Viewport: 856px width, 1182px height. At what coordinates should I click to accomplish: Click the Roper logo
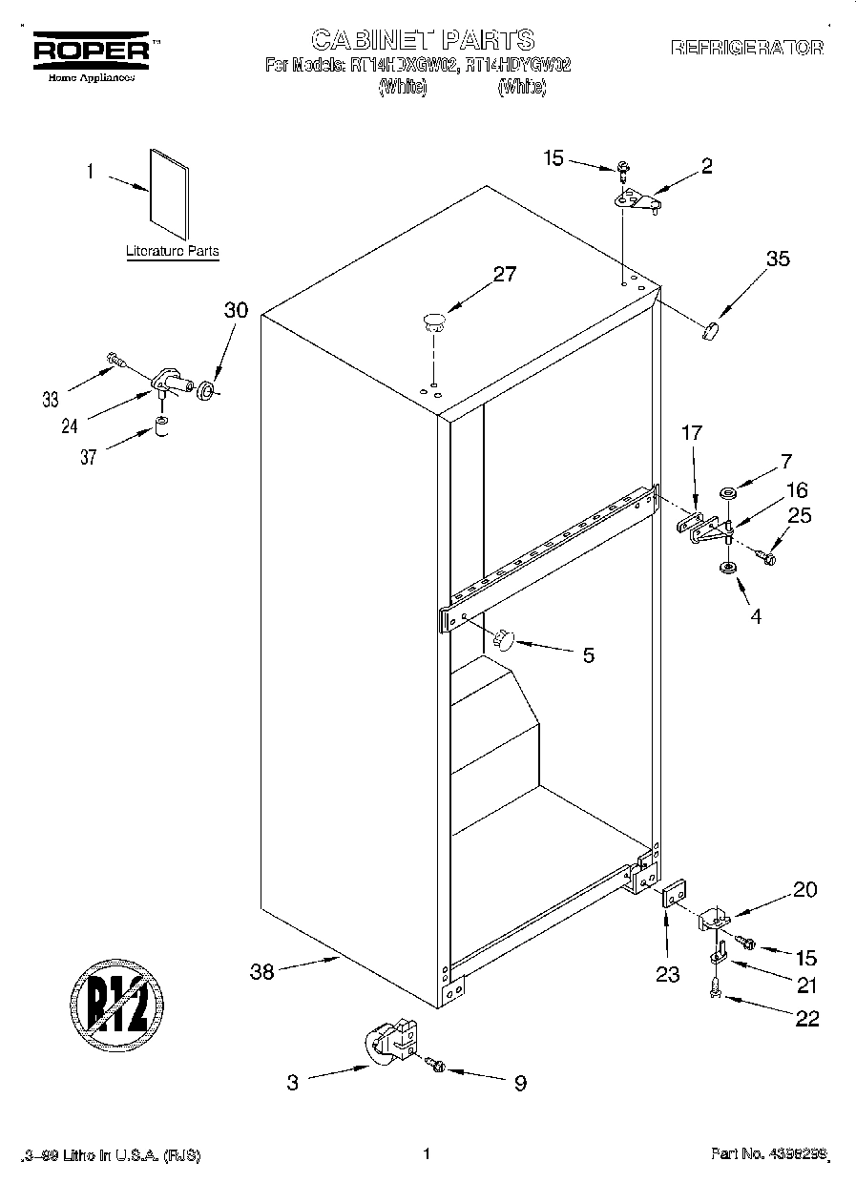[92, 52]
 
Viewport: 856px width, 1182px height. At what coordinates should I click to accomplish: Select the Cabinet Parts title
[423, 39]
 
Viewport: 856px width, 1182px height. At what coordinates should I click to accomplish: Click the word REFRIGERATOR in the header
[747, 47]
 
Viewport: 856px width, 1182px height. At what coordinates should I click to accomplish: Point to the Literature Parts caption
[173, 252]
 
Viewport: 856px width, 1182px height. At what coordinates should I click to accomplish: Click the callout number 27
[504, 275]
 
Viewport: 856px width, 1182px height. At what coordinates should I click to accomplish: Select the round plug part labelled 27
[434, 321]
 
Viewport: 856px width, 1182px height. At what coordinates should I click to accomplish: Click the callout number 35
[778, 258]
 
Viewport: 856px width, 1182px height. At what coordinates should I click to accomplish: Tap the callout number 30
[236, 310]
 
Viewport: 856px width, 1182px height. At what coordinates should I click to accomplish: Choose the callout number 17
[691, 433]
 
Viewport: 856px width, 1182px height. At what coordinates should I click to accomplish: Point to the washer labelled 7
[729, 494]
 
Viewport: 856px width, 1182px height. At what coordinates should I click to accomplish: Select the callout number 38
[261, 972]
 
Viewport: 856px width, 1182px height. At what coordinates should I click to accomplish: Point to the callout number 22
[806, 1018]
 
